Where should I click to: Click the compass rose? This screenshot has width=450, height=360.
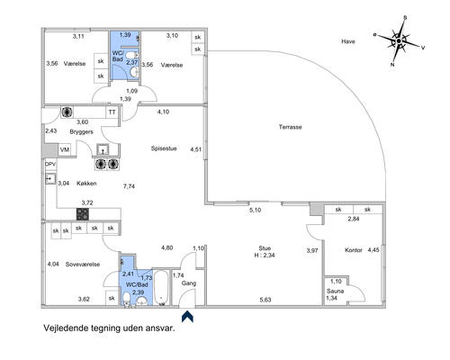coord(399,41)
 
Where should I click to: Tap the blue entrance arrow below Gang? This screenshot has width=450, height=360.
coord(187,317)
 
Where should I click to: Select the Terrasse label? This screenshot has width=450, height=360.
coord(290,127)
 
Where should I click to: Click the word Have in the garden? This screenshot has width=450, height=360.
coord(348,41)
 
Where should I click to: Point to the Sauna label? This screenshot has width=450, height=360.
coord(335,291)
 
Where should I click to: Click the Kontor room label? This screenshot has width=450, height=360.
coord(354,250)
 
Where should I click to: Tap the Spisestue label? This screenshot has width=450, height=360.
coord(164,148)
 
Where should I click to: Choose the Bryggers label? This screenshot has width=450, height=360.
coord(81,132)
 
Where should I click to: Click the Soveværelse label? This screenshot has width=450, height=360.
coord(83,265)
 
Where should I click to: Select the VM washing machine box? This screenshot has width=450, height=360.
coord(65,149)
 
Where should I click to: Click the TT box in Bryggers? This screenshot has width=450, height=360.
coord(112,112)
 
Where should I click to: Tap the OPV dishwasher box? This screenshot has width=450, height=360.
coord(50,164)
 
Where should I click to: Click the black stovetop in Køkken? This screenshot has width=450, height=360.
coord(83,214)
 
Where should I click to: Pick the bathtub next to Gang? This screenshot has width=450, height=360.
coord(162,288)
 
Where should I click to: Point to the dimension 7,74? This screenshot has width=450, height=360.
coord(129,186)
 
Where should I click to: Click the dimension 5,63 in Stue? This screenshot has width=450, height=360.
coord(265,300)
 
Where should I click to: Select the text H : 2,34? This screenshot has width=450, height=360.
coord(265,256)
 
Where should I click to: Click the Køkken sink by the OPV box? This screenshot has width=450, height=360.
coord(50,179)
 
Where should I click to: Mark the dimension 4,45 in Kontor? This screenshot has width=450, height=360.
coord(373,250)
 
